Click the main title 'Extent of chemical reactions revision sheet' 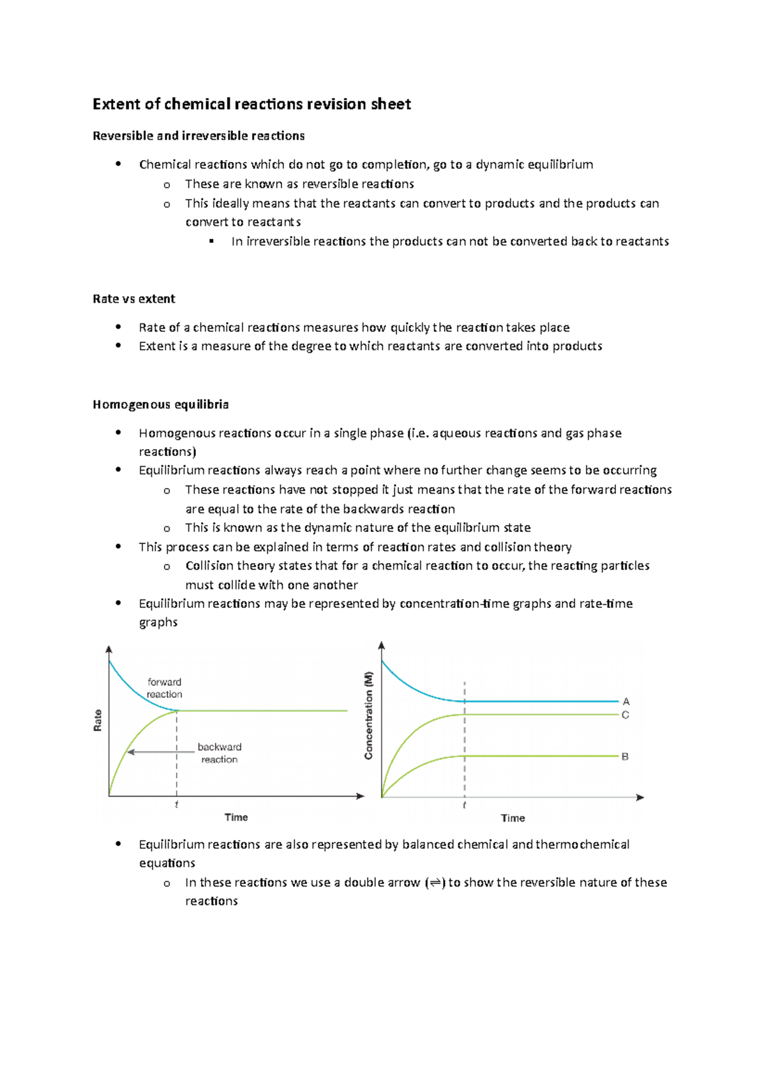[252, 104]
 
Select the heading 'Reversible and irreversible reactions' [199, 136]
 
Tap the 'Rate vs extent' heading [134, 299]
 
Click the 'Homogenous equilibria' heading [161, 404]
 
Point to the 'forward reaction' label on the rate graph [164, 688]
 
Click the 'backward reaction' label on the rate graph [219, 753]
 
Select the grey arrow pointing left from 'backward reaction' [160, 752]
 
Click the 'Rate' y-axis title [98, 720]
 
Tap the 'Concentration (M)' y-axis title [368, 716]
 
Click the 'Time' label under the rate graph [236, 817]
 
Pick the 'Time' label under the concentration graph [513, 818]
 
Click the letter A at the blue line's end [626, 702]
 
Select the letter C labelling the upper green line [626, 715]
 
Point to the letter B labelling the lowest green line [625, 756]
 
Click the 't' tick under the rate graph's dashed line [176, 805]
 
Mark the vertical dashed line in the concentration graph [465, 740]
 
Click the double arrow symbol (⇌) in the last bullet [435, 883]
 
